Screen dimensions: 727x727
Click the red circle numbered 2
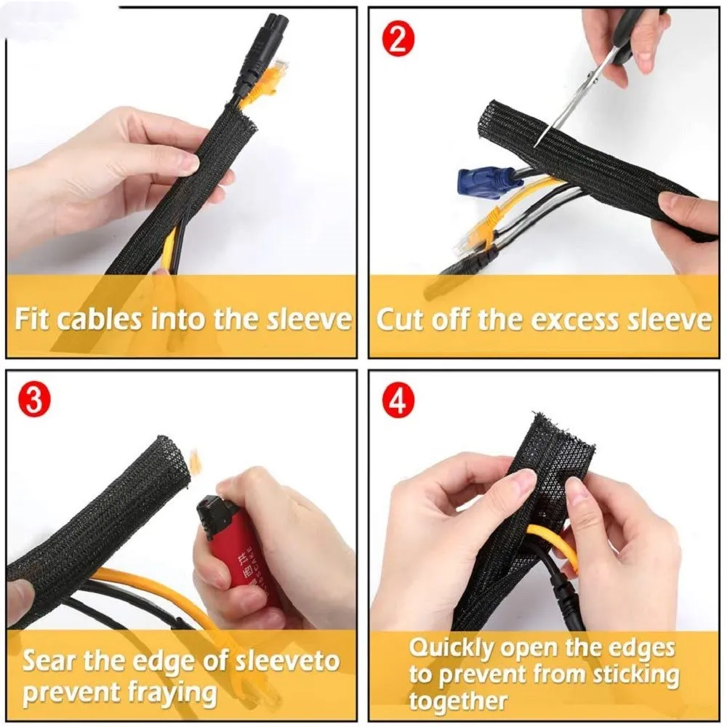tap(398, 41)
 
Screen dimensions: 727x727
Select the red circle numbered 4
tap(398, 401)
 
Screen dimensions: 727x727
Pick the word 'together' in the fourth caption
tap(458, 701)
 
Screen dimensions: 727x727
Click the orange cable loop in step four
tap(552, 543)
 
